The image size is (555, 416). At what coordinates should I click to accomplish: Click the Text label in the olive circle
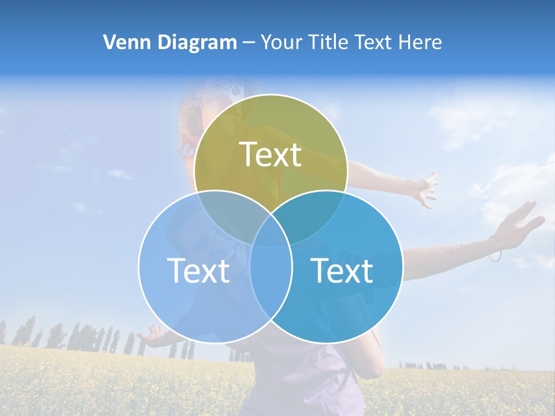(271, 154)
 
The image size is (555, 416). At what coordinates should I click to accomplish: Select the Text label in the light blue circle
(198, 270)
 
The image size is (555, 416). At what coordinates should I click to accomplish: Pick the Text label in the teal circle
(342, 270)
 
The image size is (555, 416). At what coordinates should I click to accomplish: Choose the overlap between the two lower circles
(271, 277)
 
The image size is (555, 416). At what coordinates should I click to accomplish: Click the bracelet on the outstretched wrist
(495, 248)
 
